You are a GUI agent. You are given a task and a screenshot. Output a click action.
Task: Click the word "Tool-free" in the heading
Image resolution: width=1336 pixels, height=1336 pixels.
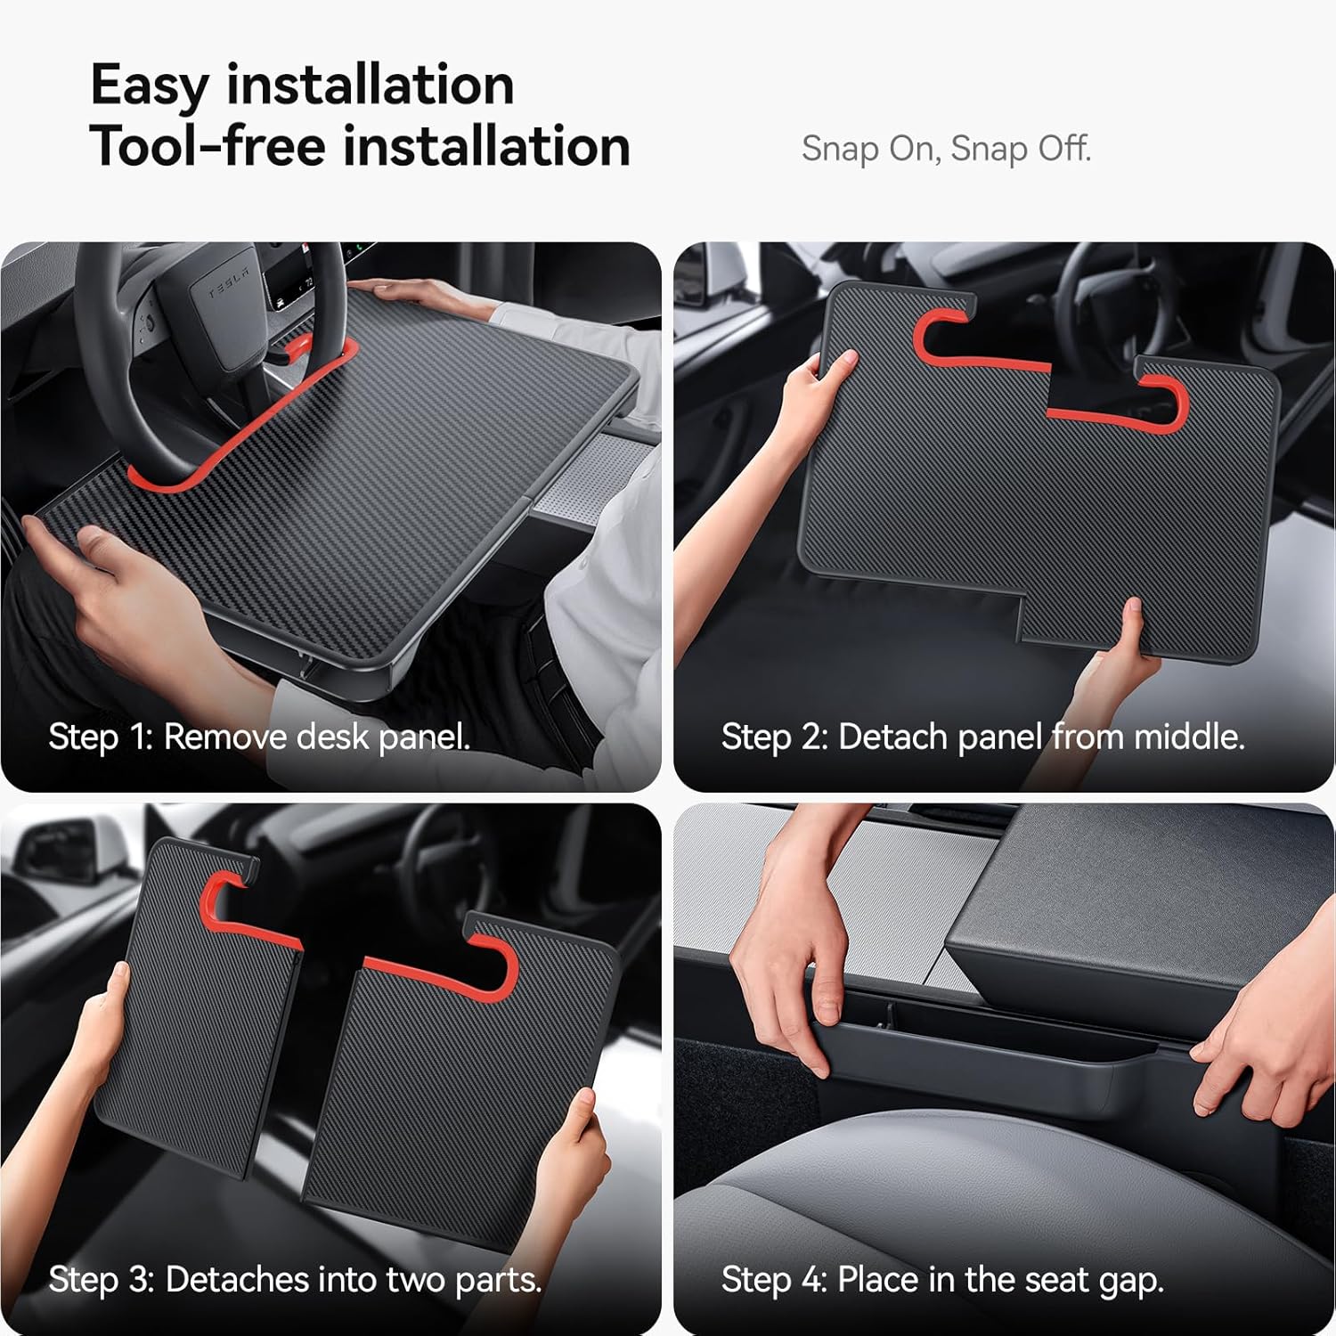(x=208, y=146)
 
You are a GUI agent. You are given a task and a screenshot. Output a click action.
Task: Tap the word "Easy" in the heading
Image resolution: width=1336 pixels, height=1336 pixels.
(x=149, y=86)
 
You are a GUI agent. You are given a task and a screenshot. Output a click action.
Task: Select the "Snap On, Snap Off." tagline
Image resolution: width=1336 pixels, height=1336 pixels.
(x=946, y=149)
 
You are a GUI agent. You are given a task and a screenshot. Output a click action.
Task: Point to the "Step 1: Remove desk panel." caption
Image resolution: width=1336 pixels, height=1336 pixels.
(x=259, y=737)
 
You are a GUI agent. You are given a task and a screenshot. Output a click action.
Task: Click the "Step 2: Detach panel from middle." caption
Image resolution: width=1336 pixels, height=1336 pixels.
(x=982, y=737)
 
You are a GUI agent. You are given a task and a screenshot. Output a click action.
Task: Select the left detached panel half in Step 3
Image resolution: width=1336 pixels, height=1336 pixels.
(x=200, y=1015)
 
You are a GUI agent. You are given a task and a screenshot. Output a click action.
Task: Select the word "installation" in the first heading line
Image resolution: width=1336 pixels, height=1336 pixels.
(x=370, y=86)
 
